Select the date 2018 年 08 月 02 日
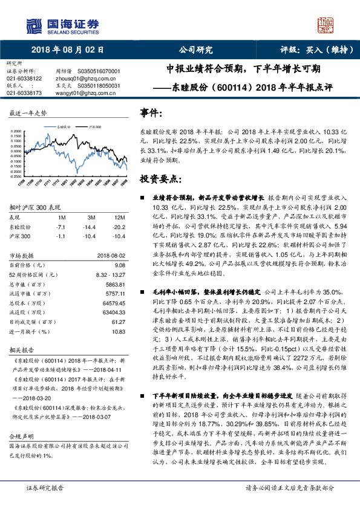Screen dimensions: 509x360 [68, 50]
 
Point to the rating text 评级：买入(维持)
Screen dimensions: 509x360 [312, 50]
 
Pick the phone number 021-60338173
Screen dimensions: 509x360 [24, 93]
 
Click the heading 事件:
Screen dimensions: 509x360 [151, 113]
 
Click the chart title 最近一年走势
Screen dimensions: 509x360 [28, 114]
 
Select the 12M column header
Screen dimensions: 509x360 [119, 216]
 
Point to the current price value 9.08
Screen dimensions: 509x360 [120, 265]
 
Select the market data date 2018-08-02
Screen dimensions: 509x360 [110, 256]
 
